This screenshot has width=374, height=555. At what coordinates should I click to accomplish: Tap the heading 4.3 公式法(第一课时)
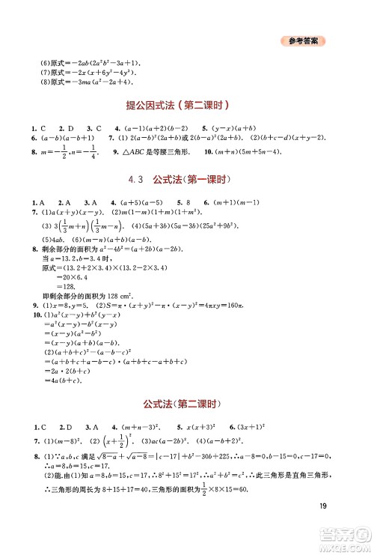click(187, 180)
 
